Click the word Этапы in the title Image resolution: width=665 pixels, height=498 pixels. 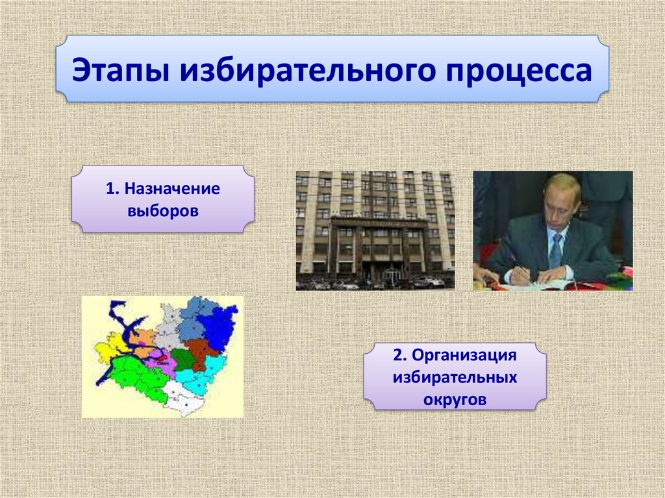coord(121,70)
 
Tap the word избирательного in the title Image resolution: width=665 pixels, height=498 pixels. coord(307,70)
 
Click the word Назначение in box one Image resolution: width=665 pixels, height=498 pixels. coord(172,189)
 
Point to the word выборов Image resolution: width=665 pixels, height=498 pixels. coord(163,211)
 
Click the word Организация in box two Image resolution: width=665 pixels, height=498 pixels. coord(464,355)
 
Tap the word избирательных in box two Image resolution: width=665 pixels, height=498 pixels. coord(455,377)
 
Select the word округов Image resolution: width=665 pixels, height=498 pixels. coord(455,399)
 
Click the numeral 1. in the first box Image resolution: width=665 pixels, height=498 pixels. coord(112,189)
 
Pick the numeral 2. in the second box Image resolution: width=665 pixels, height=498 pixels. coord(400,355)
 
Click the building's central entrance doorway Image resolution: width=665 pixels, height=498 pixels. coord(391,275)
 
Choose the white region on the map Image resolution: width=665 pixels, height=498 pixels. coord(182,398)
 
